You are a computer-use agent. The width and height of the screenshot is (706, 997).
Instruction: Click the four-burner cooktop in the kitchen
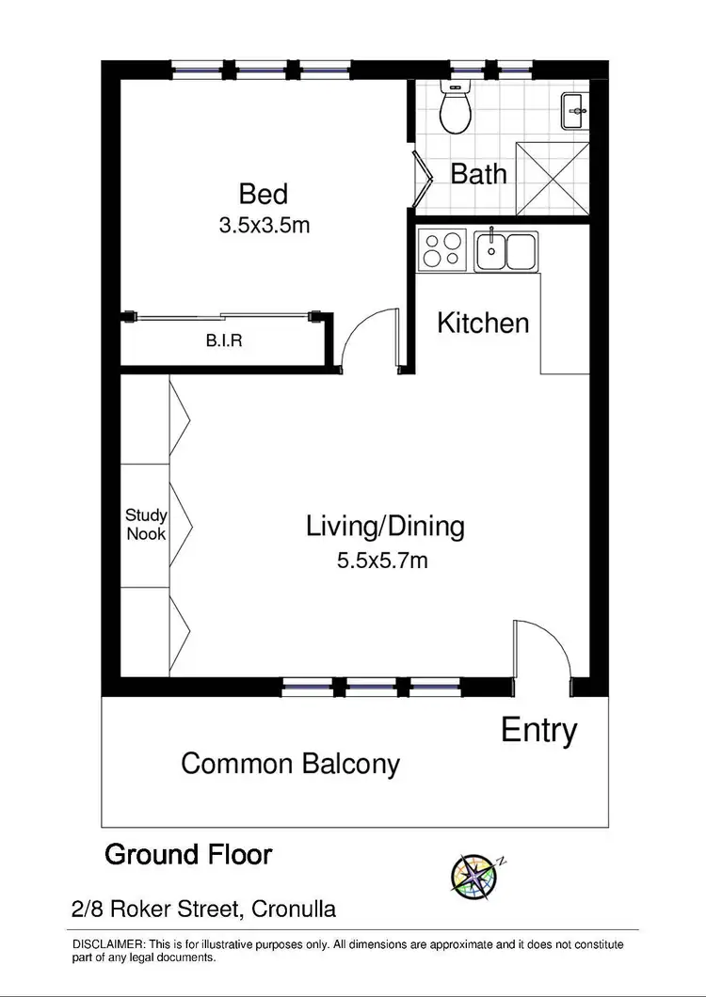click(441, 251)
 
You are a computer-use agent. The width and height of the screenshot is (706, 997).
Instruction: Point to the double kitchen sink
click(505, 251)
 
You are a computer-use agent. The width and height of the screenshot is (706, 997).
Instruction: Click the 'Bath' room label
click(478, 174)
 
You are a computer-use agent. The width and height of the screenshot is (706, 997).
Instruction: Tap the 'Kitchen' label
click(483, 324)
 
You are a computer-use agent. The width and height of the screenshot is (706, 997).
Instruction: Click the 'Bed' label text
click(263, 195)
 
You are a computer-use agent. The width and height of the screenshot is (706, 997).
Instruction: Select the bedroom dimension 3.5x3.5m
click(264, 225)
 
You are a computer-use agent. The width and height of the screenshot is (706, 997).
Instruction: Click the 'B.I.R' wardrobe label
click(224, 341)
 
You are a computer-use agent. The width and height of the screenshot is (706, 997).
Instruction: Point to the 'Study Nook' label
click(146, 525)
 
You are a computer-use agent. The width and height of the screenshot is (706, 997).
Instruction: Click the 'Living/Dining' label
click(385, 527)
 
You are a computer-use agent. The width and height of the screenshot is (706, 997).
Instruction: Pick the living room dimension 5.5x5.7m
click(382, 562)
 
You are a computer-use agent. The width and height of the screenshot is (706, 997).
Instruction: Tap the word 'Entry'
click(538, 730)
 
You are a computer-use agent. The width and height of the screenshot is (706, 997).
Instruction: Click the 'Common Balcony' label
click(290, 764)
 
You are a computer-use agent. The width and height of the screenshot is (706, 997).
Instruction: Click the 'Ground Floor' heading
click(188, 855)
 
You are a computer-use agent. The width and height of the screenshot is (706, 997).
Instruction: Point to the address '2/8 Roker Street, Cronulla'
click(203, 910)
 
